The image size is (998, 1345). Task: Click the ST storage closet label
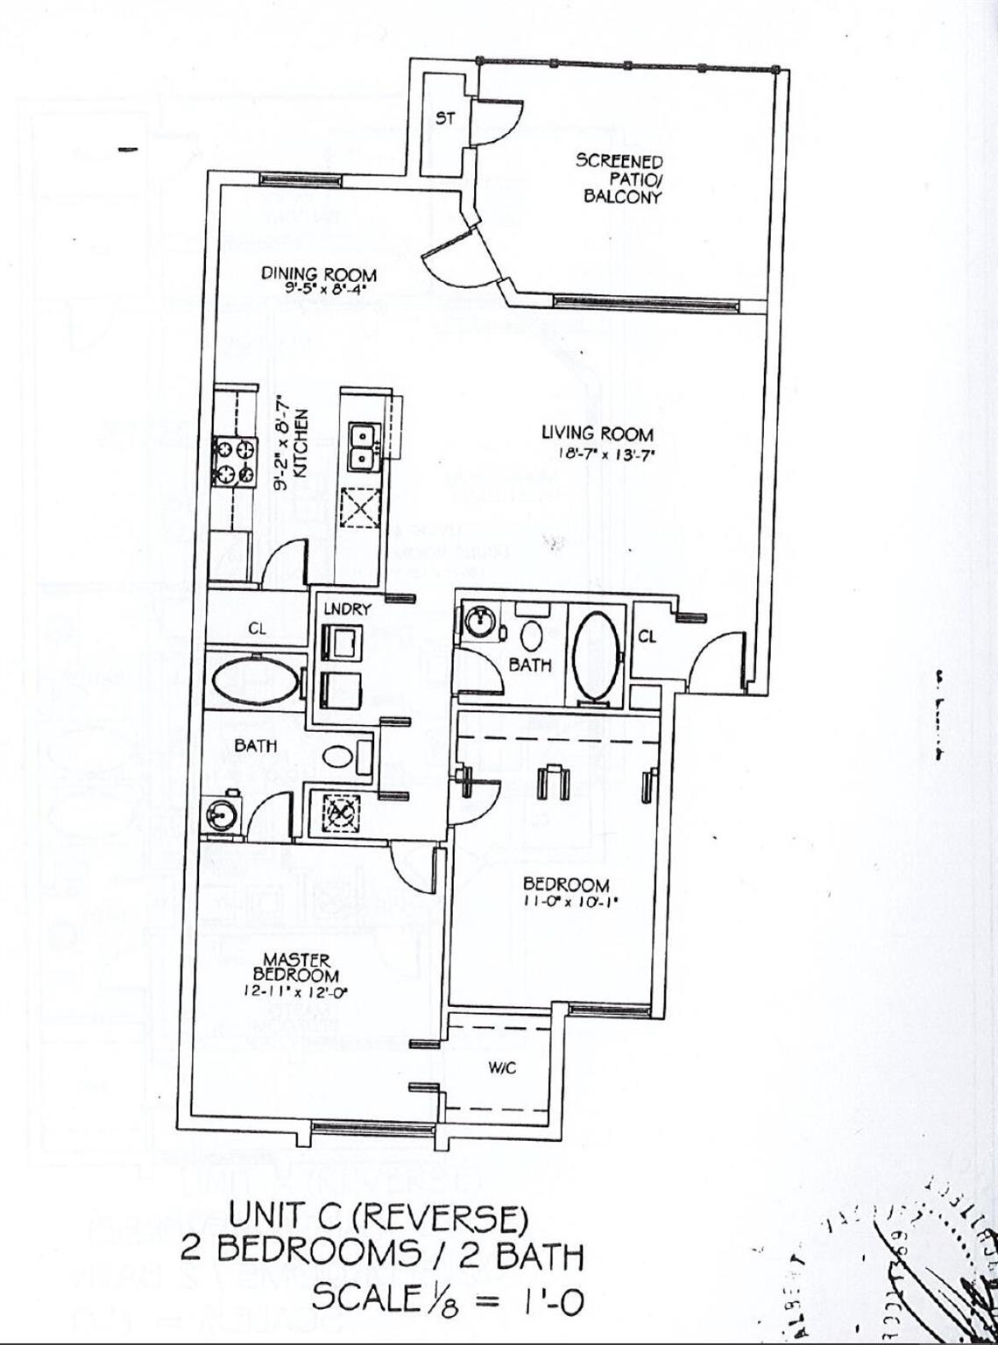tap(445, 119)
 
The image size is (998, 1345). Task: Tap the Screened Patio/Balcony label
tap(619, 179)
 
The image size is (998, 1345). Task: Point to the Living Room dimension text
tap(598, 454)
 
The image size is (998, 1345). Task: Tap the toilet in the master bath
tap(336, 754)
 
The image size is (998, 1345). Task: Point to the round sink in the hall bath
tap(478, 623)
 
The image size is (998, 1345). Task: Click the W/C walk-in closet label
tap(495, 1068)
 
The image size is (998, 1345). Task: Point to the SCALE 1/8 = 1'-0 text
tap(447, 1298)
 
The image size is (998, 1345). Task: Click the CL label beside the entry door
tap(647, 637)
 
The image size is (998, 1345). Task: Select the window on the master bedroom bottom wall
tap(360, 1128)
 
